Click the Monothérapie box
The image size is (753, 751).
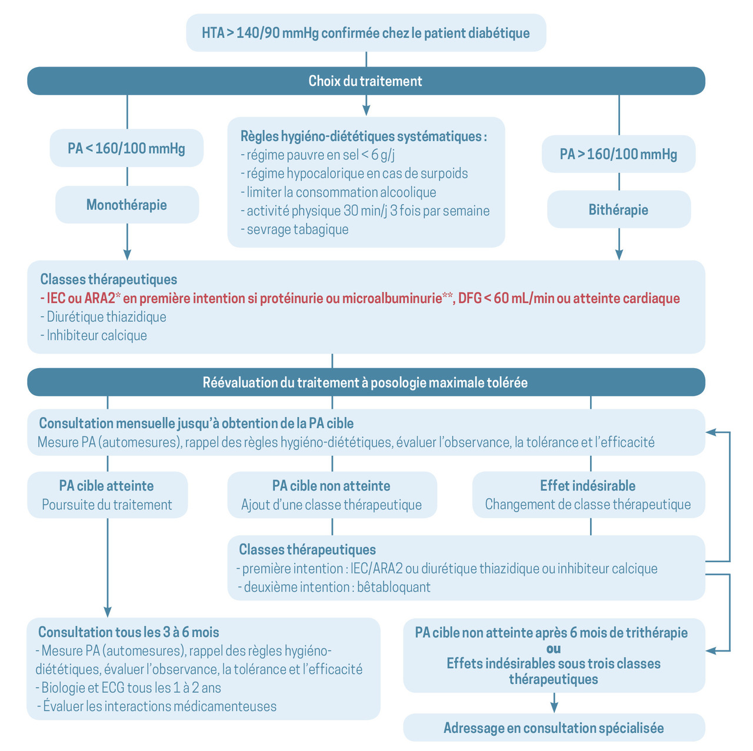click(x=127, y=204)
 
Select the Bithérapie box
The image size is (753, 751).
click(x=618, y=209)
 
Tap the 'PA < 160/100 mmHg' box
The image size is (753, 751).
click(x=126, y=148)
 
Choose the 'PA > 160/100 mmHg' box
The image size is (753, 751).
click(x=618, y=154)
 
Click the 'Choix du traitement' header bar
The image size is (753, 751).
click(x=366, y=81)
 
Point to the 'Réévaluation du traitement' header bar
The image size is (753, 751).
click(x=366, y=382)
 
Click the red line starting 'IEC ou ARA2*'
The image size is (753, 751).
click(x=360, y=298)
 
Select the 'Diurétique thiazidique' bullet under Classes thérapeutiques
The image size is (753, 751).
click(x=103, y=317)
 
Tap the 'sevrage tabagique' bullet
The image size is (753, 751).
click(x=295, y=229)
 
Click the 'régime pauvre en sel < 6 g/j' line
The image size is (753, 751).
click(x=317, y=155)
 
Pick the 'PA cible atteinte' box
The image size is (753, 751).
click(x=108, y=495)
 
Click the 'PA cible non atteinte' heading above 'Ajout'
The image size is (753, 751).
click(x=331, y=486)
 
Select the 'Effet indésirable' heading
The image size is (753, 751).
click(x=588, y=486)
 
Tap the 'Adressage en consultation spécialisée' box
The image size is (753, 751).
click(x=554, y=727)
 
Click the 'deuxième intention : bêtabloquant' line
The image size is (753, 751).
click(x=334, y=587)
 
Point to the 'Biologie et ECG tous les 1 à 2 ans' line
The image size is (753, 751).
click(x=128, y=687)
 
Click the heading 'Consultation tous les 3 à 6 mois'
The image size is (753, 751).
click(x=129, y=632)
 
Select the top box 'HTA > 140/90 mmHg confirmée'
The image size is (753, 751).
click(x=366, y=33)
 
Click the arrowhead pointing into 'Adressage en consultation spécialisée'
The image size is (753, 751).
click(x=554, y=708)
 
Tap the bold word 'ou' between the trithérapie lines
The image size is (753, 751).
click(x=554, y=649)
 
